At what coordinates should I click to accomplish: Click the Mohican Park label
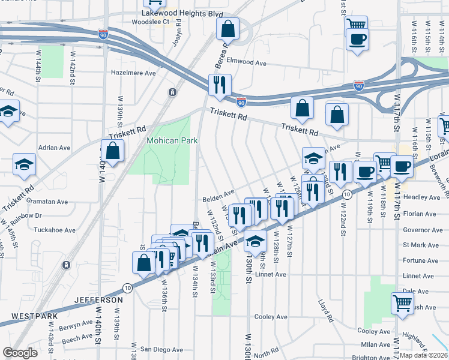(172, 140)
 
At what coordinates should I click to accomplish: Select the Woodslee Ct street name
(150, 22)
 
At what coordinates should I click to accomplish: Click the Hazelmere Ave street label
(133, 73)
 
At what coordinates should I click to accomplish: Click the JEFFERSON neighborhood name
(99, 299)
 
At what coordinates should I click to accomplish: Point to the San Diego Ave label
(161, 349)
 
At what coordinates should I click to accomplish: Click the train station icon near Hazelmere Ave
(172, 92)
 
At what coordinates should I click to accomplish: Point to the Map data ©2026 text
(423, 355)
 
